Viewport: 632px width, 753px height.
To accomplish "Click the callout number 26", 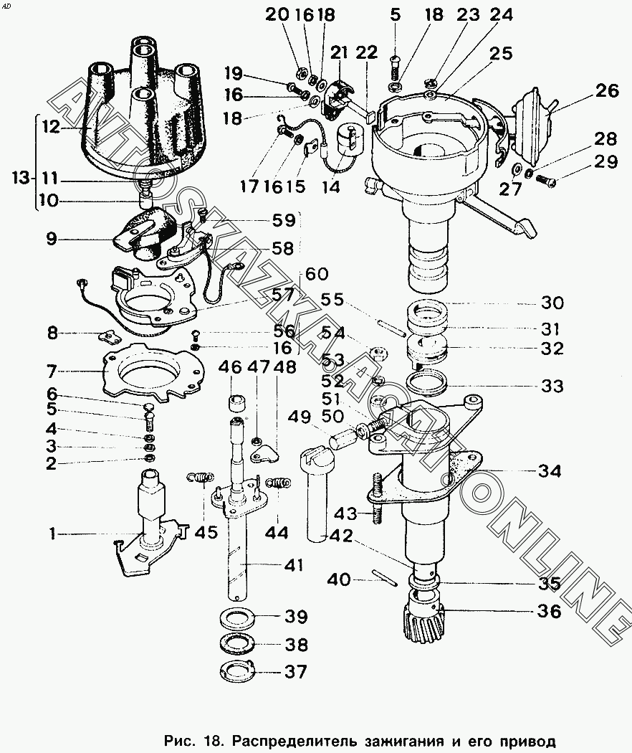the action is pyautogui.click(x=607, y=91).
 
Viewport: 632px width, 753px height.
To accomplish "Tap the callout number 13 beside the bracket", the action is pyautogui.click(x=21, y=178).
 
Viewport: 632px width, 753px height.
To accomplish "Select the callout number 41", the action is pyautogui.click(x=293, y=565).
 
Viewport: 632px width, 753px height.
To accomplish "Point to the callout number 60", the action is pyautogui.click(x=317, y=274).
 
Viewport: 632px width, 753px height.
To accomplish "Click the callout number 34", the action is pyautogui.click(x=549, y=471).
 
